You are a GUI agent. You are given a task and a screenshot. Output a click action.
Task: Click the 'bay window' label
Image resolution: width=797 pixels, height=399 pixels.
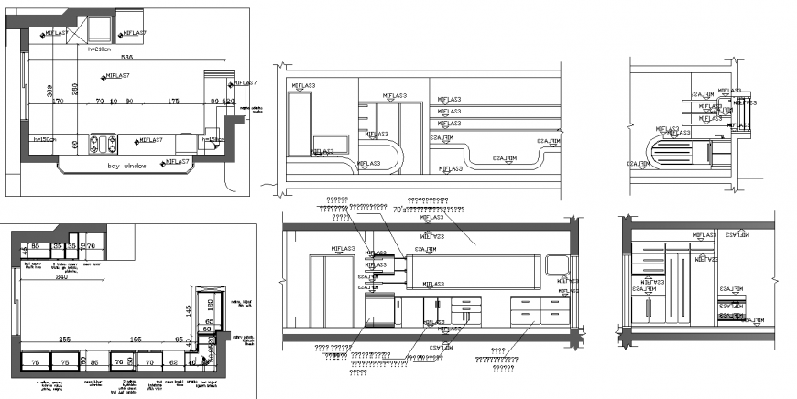[x=127, y=167]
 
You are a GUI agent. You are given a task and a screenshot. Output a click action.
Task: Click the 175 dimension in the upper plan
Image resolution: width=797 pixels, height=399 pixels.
[x=173, y=101]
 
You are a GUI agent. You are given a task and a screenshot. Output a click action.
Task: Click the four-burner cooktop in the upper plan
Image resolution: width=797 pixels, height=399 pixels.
[x=103, y=143]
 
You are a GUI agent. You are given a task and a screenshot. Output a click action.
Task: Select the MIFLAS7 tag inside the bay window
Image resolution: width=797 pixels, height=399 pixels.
[x=177, y=162]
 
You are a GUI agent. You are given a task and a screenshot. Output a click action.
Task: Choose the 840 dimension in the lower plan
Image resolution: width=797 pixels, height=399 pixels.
[x=61, y=275]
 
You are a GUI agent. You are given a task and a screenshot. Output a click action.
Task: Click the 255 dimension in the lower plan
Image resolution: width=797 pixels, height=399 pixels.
[x=66, y=340]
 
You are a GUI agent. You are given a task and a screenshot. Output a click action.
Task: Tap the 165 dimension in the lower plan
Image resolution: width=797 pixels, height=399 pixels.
[x=135, y=340]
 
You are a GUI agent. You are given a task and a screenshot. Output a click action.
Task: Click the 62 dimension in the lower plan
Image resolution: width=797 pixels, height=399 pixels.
[x=173, y=362]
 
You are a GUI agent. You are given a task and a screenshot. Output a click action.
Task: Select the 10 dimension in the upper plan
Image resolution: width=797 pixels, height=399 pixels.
[x=114, y=101]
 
